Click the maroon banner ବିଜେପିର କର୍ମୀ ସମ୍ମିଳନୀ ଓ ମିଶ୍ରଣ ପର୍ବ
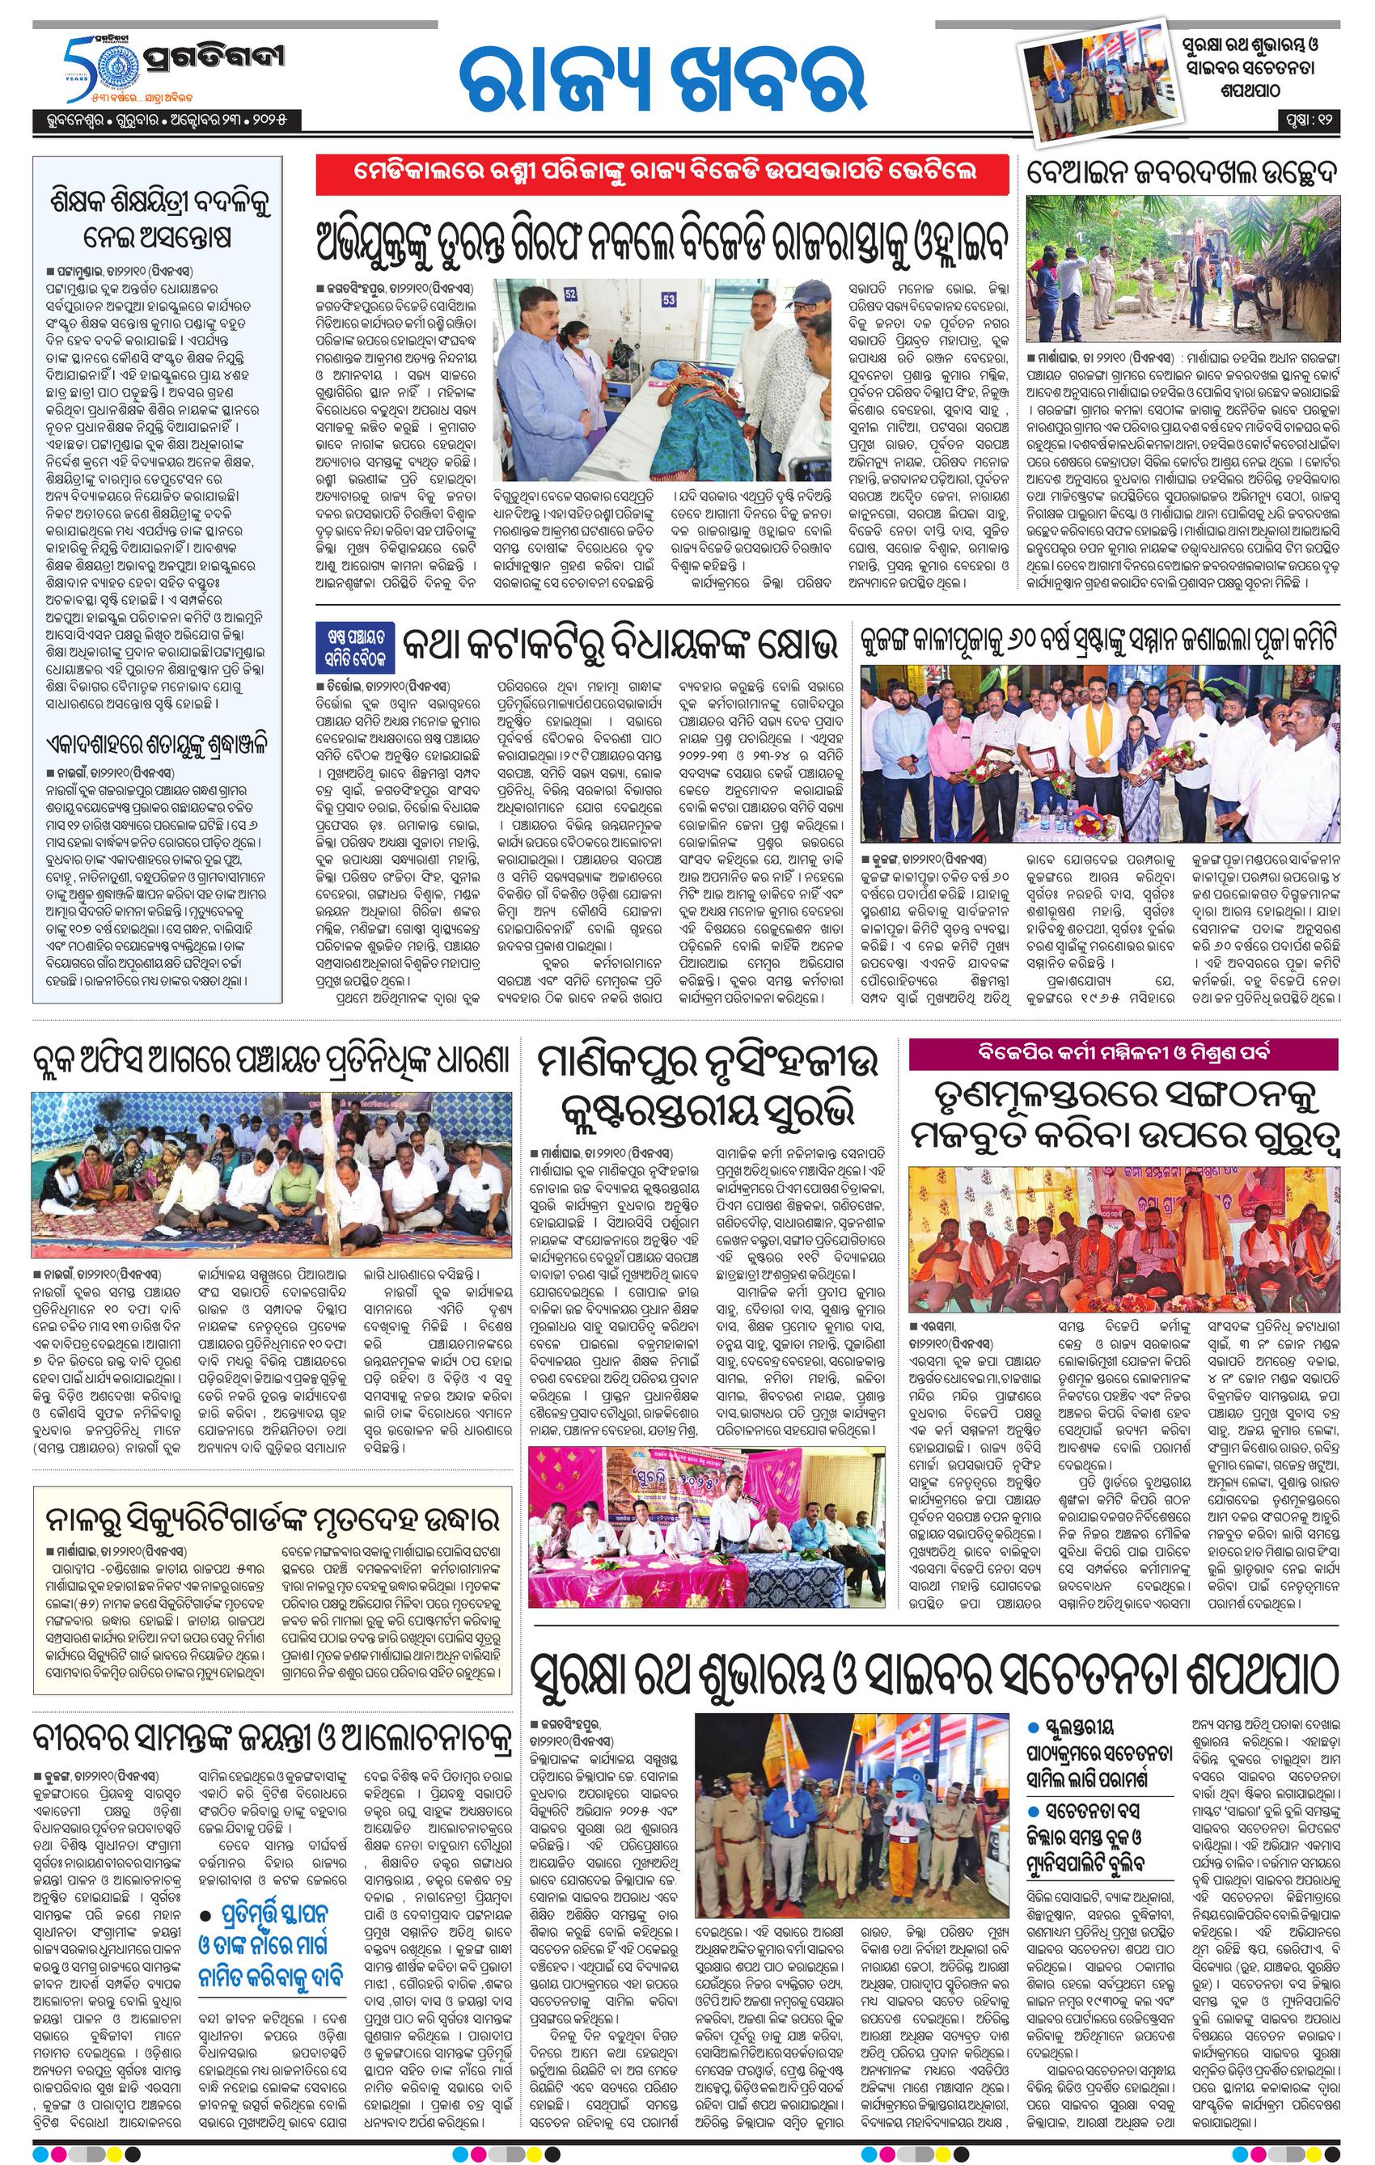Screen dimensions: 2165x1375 point(1124,1053)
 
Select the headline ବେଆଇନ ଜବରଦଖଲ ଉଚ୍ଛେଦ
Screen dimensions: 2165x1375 point(1183,171)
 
